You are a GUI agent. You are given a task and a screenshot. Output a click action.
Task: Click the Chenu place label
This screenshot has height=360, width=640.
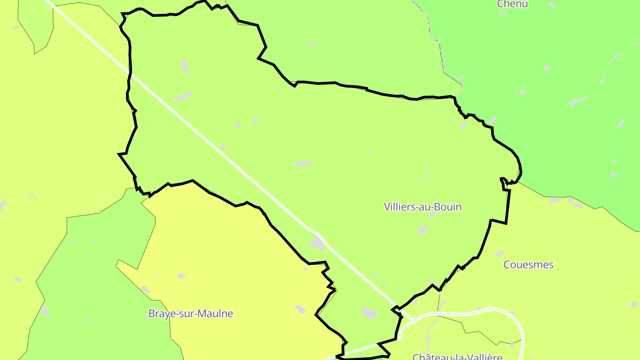pyautogui.click(x=512, y=4)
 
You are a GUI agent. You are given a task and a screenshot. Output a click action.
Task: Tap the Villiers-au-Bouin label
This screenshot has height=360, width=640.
pyautogui.click(x=423, y=207)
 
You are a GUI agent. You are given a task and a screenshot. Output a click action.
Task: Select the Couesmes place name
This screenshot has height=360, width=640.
pyautogui.click(x=528, y=264)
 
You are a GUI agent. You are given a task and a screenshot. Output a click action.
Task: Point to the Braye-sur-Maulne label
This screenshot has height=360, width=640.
pyautogui.click(x=191, y=313)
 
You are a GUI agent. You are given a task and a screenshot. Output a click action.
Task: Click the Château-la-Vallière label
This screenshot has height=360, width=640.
pyautogui.click(x=457, y=356)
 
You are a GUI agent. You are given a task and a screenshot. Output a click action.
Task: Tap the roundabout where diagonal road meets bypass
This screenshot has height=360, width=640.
pyautogui.click(x=413, y=320)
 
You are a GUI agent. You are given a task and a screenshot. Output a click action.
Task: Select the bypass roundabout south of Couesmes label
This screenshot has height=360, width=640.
pyautogui.click(x=489, y=308)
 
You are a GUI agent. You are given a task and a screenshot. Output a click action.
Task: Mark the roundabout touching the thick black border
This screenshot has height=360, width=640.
pyautogui.click(x=399, y=338)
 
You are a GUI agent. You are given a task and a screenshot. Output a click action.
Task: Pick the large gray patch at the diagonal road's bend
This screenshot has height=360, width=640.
pyautogui.click(x=317, y=244)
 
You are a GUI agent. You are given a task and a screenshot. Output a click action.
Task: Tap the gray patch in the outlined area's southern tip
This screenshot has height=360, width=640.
pyautogui.click(x=369, y=313)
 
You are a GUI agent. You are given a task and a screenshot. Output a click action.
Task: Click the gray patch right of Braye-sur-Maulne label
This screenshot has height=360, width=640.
pyautogui.click(x=300, y=308)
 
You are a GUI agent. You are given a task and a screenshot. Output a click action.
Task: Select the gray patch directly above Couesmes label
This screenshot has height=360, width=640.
pyautogui.click(x=500, y=253)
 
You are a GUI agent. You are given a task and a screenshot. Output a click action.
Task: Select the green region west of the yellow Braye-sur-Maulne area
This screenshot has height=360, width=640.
pyautogui.click(x=89, y=276)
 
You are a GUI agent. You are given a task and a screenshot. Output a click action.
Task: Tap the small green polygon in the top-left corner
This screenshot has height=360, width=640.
pyautogui.click(x=36, y=22)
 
